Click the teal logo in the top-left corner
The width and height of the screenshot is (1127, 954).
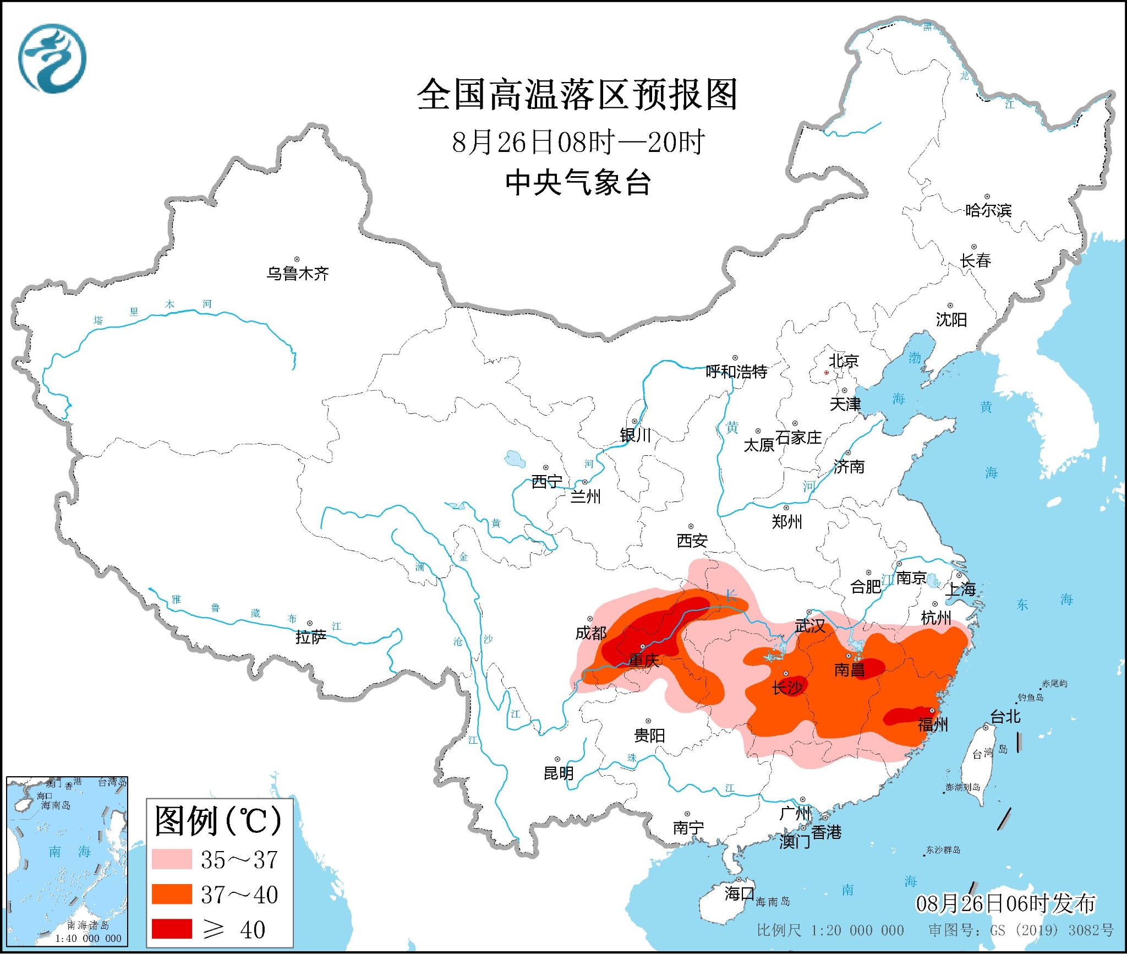52,58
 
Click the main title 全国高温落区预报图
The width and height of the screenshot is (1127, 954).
576,95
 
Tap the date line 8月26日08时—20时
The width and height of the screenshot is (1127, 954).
578,143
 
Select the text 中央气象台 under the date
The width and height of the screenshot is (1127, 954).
578,183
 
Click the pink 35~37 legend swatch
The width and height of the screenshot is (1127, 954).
172,859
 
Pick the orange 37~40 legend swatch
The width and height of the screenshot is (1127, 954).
172,894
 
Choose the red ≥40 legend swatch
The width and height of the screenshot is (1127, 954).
172,929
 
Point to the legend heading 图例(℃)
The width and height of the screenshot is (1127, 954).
218,822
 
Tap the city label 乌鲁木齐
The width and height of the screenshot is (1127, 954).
297,274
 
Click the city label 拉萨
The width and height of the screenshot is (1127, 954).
310,637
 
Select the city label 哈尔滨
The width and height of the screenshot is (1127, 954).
988,210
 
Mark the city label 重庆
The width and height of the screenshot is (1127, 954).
643,660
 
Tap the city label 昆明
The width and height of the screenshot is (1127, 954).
558,773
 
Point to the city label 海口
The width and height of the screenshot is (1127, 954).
738,893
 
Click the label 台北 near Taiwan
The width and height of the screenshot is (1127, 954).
1005,717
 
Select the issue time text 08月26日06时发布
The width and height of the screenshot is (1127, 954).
1005,903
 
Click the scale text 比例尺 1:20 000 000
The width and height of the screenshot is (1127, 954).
830,930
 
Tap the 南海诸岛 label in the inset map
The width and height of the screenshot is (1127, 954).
88,925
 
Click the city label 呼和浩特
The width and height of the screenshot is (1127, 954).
736,372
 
